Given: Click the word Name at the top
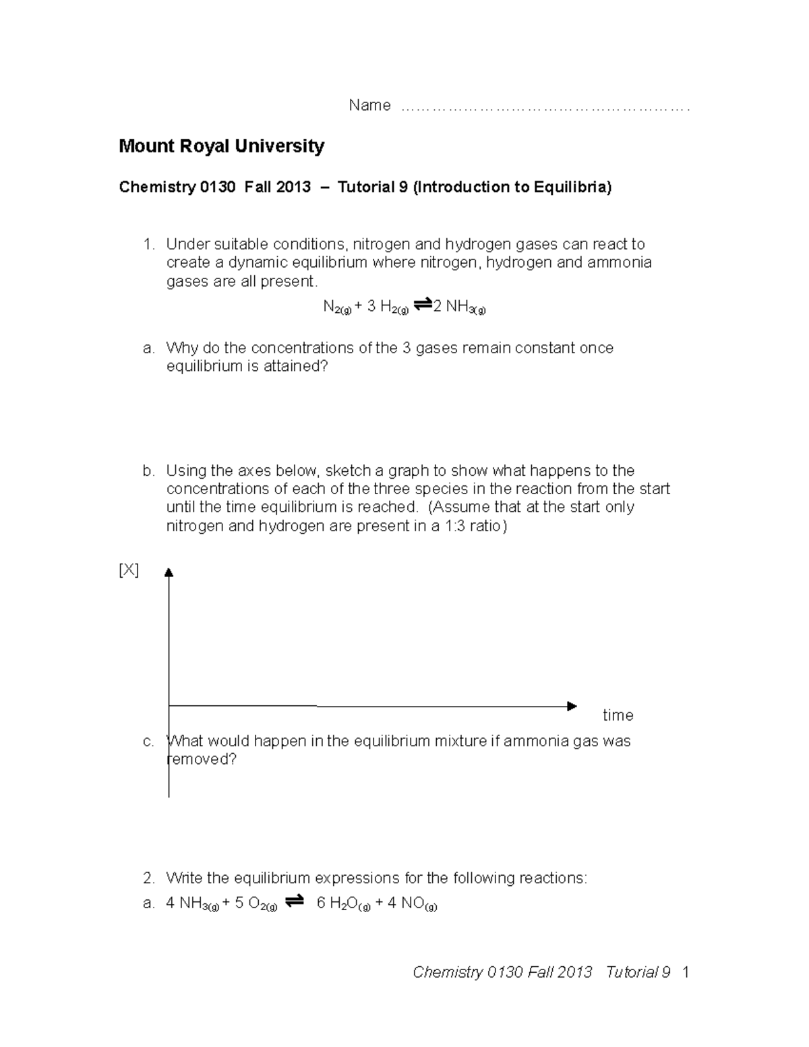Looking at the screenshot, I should (369, 105).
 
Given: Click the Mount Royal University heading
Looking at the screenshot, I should (221, 146).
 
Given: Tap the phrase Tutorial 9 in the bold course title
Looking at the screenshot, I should (373, 187).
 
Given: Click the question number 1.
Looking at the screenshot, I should (148, 244).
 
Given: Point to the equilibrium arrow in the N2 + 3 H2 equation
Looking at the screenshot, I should (422, 305).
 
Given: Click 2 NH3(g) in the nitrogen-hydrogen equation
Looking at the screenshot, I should (459, 307).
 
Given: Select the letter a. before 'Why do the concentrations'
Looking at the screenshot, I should (149, 349).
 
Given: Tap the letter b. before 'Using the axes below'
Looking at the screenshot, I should (149, 471).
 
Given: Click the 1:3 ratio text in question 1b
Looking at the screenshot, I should (469, 526).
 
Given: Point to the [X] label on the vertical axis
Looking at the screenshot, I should (129, 570).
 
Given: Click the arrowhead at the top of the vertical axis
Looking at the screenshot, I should (169, 572).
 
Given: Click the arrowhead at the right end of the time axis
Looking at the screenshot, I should (572, 706).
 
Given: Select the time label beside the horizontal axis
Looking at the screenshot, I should (618, 715).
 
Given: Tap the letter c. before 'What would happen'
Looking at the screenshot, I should (149, 742).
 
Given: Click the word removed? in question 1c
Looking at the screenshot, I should (202, 760).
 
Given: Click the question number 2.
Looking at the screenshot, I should (148, 878).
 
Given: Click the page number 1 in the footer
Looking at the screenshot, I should (686, 972).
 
